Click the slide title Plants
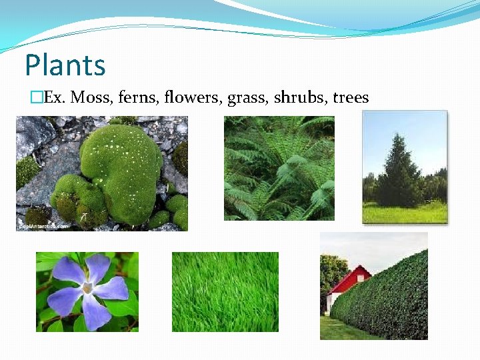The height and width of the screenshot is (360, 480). click(65, 65)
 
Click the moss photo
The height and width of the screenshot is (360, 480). click(101, 173)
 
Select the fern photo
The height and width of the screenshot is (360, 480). click(279, 168)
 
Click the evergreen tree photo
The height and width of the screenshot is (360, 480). click(405, 167)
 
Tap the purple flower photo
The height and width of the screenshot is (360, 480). click(87, 292)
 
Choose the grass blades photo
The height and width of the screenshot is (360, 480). click(225, 292)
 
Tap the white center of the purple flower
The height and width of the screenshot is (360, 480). click(87, 289)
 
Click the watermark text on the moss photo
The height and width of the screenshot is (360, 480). click(43, 227)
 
